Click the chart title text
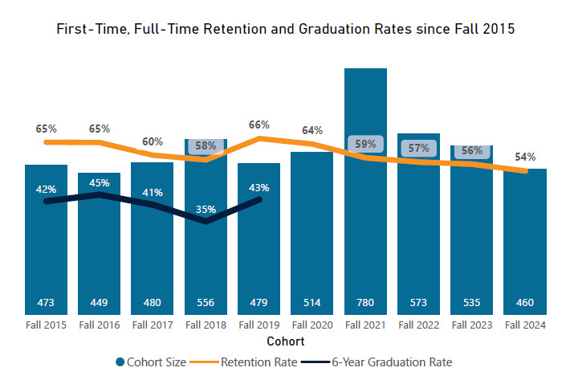tap(285, 30)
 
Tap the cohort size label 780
tap(365, 303)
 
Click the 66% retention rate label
tap(259, 125)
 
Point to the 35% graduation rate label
tap(206, 210)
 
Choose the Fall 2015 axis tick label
tap(46, 325)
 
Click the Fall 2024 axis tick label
tap(524, 325)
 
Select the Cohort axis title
tap(285, 341)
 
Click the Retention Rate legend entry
tap(259, 362)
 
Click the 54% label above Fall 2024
tap(526, 157)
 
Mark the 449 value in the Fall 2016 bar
tap(99, 303)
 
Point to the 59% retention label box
tap(365, 145)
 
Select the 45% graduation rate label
tap(99, 182)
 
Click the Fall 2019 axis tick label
tap(259, 325)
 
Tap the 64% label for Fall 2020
tap(312, 130)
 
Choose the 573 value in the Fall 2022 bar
tap(418, 303)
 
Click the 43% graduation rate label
tap(259, 187)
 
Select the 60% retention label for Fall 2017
tap(153, 141)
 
